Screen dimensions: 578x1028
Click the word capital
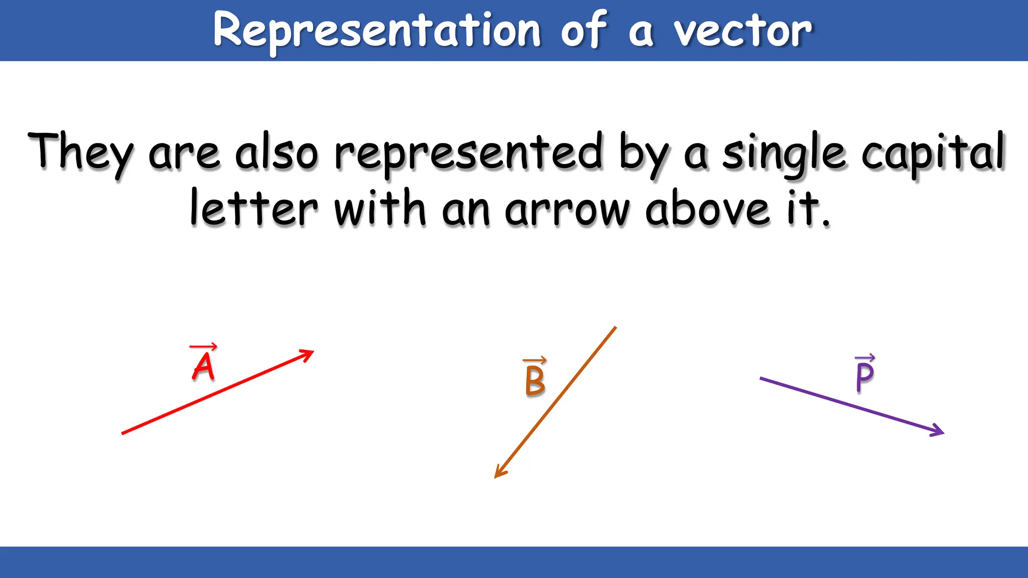coord(934,153)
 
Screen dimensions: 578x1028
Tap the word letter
coord(253,208)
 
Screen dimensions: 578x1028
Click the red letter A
coord(203,367)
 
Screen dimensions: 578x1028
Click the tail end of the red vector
coord(123,433)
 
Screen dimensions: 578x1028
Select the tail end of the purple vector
coord(761,378)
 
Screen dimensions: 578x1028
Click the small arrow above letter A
coord(203,347)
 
